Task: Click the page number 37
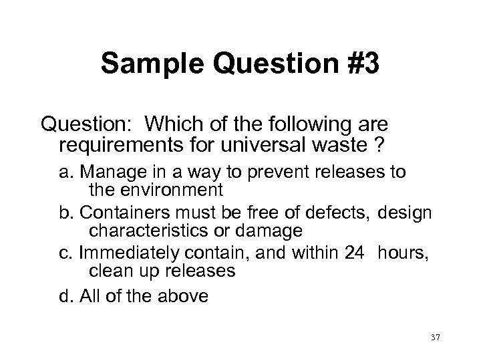click(436, 338)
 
